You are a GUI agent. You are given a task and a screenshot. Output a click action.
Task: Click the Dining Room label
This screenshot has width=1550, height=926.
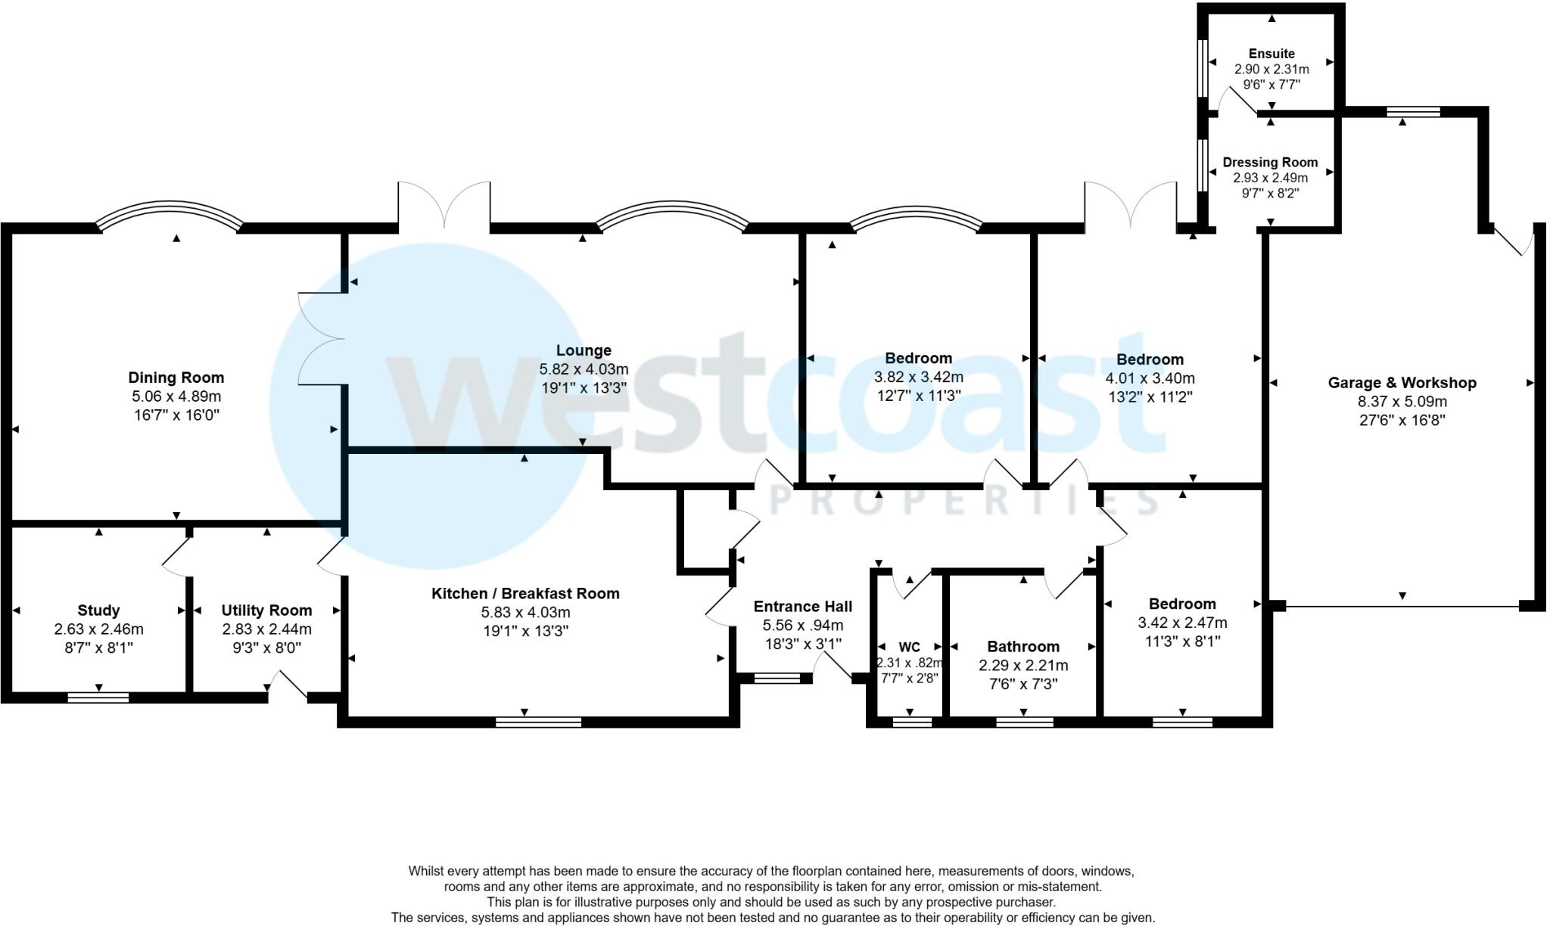point(176,378)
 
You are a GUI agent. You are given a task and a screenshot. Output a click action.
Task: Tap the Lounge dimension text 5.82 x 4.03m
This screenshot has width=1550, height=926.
point(584,369)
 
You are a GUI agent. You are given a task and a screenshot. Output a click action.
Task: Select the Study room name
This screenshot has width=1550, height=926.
point(98,611)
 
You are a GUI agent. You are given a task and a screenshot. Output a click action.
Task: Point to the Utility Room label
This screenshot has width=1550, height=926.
point(266,611)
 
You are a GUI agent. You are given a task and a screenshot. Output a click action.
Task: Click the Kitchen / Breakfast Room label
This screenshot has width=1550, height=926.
point(525,594)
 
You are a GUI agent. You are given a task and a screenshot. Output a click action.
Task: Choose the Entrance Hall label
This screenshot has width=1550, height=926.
point(802,607)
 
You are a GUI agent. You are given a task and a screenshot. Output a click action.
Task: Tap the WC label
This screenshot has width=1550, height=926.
point(909,647)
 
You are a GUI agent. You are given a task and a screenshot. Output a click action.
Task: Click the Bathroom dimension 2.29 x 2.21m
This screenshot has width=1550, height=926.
point(1023,666)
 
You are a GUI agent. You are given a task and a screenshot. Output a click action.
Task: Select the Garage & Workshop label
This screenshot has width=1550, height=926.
point(1402,383)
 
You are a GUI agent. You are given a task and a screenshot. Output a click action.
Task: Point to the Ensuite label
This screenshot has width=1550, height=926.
point(1271,54)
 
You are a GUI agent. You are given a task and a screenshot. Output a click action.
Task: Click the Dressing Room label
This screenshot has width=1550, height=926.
point(1270,162)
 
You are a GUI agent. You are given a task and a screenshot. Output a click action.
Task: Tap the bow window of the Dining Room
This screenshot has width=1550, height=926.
point(169,211)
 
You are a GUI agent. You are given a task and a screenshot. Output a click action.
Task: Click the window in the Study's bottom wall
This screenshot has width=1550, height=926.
point(98,698)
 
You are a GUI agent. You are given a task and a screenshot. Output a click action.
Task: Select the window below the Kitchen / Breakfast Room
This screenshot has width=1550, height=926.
point(538,722)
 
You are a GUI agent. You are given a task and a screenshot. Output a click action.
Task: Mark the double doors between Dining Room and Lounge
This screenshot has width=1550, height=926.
point(321,338)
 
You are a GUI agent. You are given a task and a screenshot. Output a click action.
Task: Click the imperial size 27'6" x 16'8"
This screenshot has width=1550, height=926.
point(1402,421)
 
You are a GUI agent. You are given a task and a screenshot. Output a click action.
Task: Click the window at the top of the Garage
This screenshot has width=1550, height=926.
point(1412,112)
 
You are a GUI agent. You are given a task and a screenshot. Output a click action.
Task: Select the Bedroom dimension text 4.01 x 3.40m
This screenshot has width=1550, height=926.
point(1150,378)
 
